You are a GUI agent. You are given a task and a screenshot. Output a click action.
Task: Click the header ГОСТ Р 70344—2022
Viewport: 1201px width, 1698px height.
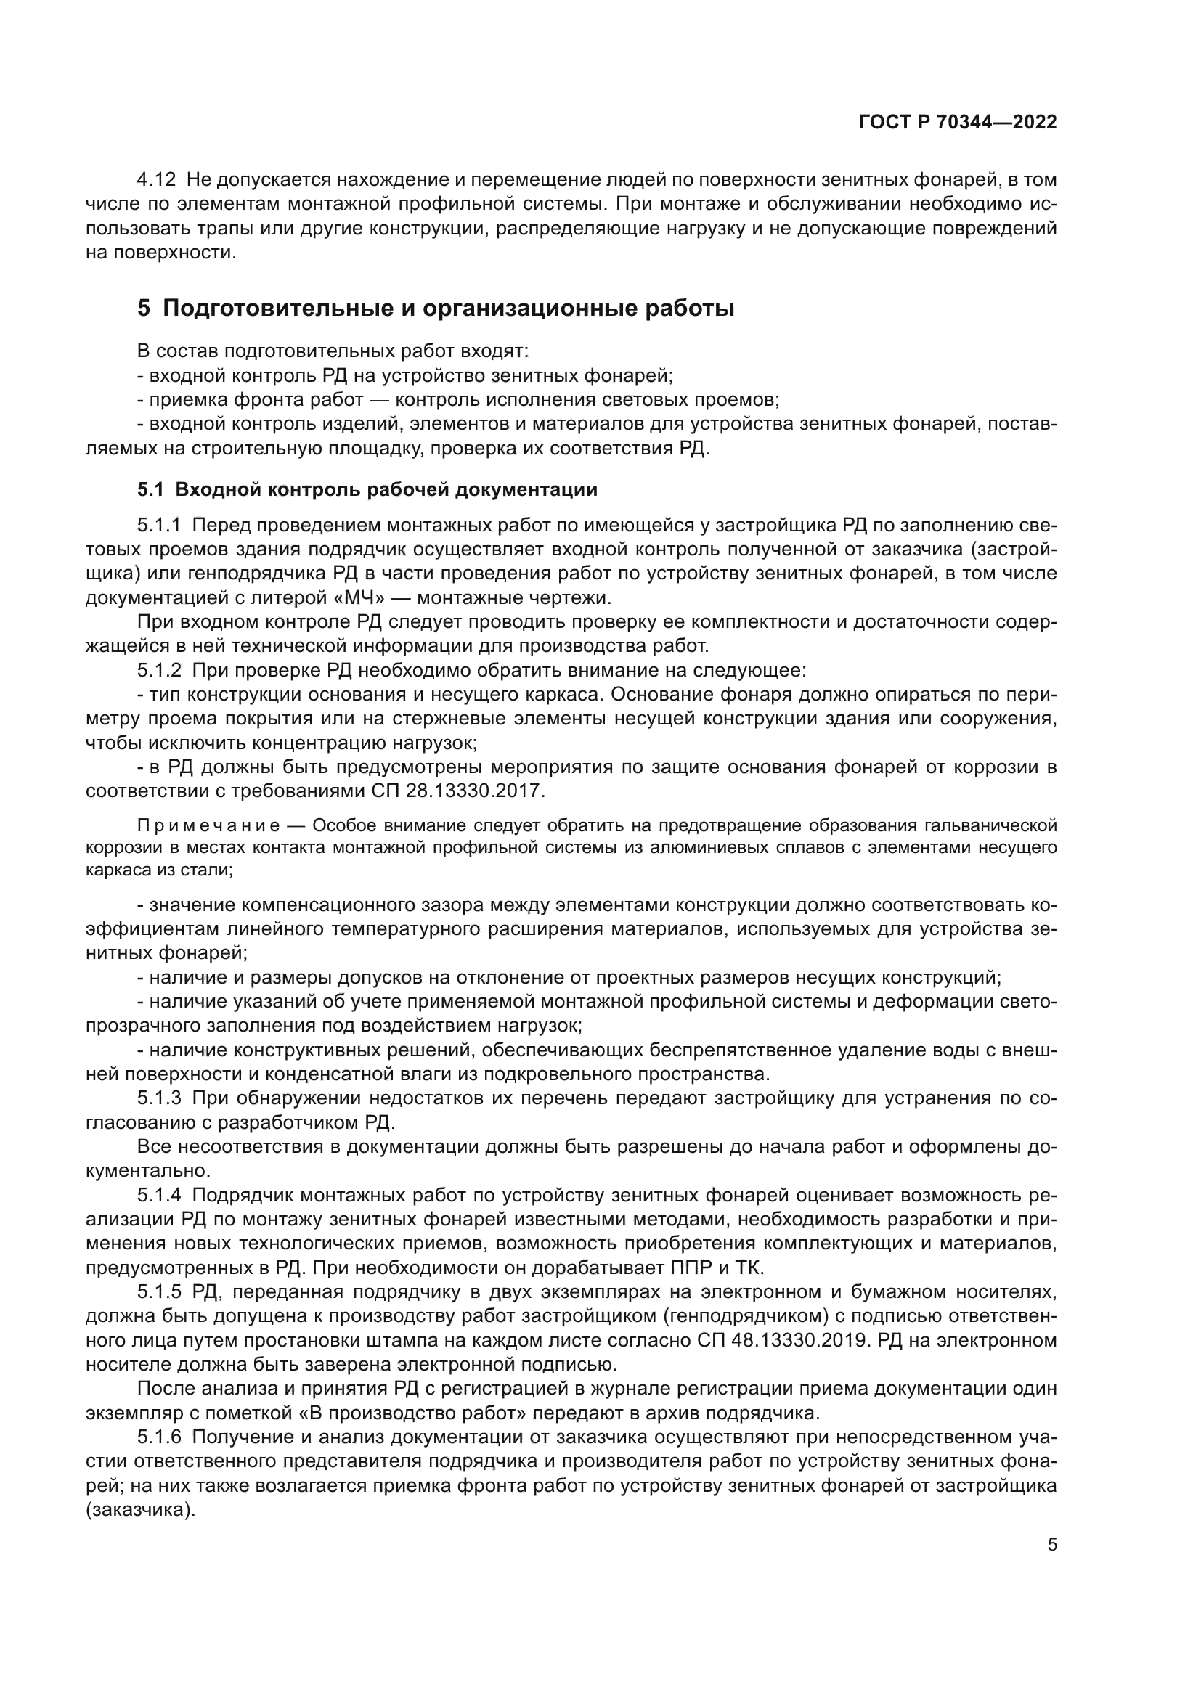click(958, 123)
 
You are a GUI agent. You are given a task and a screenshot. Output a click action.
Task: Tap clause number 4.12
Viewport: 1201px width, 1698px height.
click(156, 180)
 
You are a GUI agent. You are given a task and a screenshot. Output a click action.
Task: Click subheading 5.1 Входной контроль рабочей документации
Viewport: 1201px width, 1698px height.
click(367, 489)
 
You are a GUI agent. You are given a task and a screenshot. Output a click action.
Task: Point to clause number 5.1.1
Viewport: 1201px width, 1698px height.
click(159, 526)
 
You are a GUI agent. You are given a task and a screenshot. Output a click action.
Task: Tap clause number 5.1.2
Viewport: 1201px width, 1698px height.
click(159, 671)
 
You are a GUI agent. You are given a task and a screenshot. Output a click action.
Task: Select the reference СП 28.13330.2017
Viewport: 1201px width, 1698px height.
click(457, 791)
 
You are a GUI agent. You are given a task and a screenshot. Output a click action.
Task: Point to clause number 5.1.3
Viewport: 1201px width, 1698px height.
click(159, 1098)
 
